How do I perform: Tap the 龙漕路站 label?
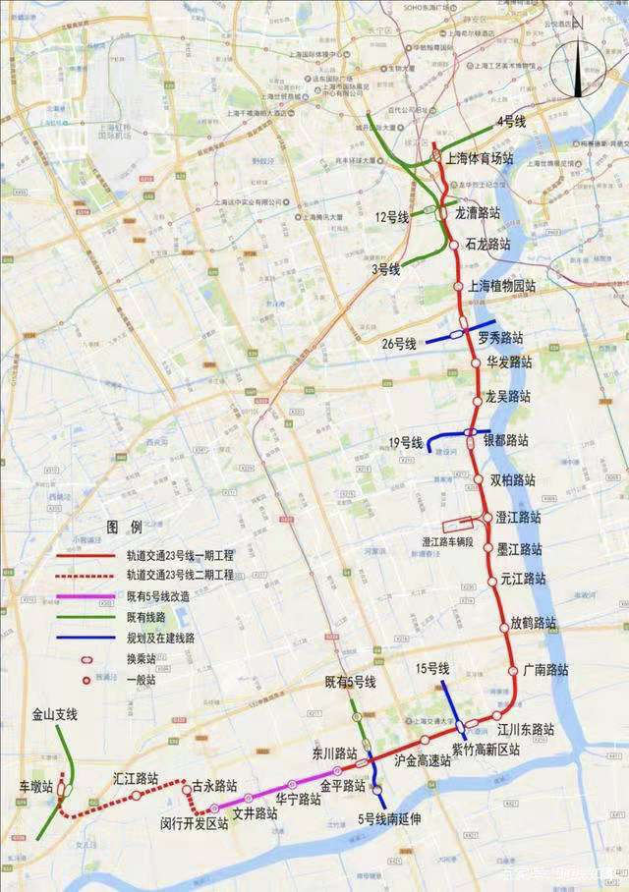pyautogui.click(x=478, y=211)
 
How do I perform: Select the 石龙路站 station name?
pyautogui.click(x=488, y=243)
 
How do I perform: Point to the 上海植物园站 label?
pyautogui.click(x=502, y=287)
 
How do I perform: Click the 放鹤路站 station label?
pyautogui.click(x=533, y=623)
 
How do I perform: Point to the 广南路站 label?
pyautogui.click(x=546, y=669)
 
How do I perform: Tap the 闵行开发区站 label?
pyautogui.click(x=195, y=823)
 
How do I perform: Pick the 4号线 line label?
pyautogui.click(x=512, y=121)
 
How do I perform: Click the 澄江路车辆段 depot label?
pyautogui.click(x=448, y=541)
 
